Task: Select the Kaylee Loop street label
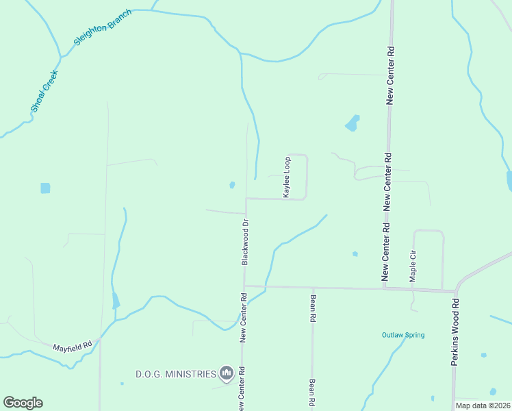[287, 177]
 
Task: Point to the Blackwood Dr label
[244, 242]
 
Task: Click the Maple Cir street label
[413, 266]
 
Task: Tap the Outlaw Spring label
[403, 335]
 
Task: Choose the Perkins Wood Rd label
[454, 331]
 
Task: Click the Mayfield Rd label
[73, 348]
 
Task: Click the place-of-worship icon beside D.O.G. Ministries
[227, 373]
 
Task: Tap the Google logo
[23, 403]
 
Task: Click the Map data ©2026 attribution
[483, 406]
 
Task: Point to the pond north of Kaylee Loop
[352, 123]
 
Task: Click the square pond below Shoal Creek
[45, 188]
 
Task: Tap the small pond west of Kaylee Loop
[232, 185]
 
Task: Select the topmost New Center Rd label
[390, 75]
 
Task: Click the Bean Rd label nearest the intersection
[312, 308]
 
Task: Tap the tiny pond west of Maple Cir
[355, 254]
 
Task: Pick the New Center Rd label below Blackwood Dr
[243, 317]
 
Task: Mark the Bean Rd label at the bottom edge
[311, 394]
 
